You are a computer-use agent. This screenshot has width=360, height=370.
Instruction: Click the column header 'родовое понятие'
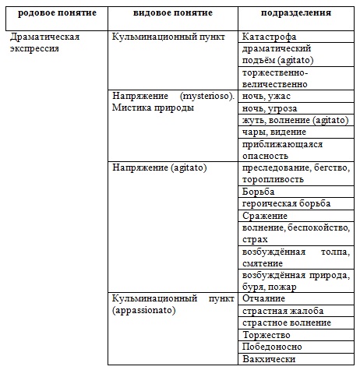pyautogui.click(x=54, y=14)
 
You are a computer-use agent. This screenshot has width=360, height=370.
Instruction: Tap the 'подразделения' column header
pyautogui.click(x=295, y=14)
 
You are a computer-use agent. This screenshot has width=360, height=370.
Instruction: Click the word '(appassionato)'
pyautogui.click(x=145, y=310)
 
